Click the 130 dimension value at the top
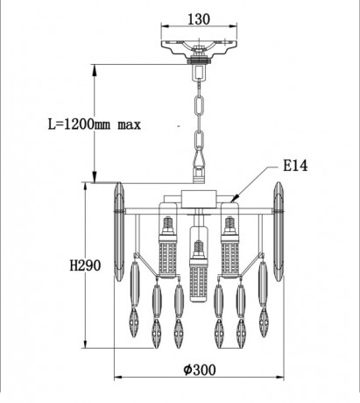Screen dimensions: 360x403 pyautogui.click(x=199, y=19)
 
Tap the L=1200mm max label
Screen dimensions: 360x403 pyautogui.click(x=95, y=124)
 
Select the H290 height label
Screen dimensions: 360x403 pyautogui.click(x=85, y=265)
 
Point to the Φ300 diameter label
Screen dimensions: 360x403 pyautogui.click(x=200, y=370)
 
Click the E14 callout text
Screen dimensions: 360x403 pyautogui.click(x=295, y=166)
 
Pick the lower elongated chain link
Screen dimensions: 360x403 pyautogui.click(x=200, y=141)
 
